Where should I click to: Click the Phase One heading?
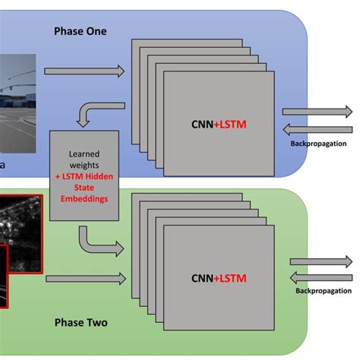click(81, 31)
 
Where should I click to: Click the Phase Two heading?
click(81, 323)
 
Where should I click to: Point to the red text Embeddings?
click(84, 199)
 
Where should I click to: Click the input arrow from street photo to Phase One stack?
click(84, 71)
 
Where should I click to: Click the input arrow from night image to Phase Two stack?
click(84, 279)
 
